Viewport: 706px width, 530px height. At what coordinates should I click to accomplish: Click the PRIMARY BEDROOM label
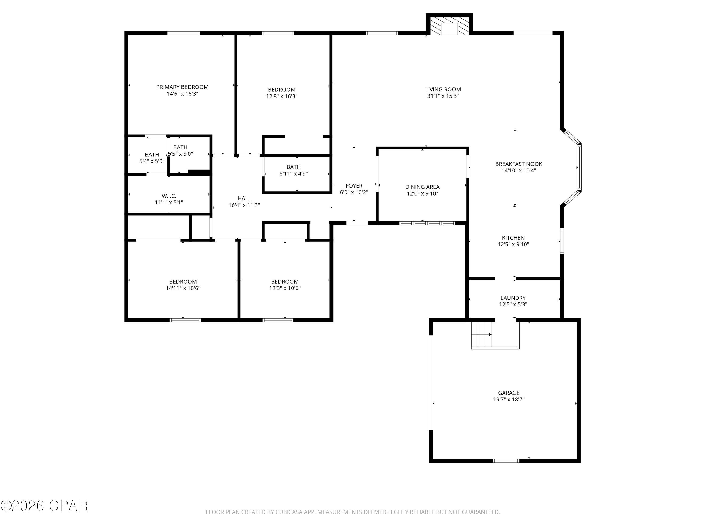pos(182,87)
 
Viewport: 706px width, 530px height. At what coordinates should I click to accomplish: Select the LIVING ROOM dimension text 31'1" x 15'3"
pos(443,96)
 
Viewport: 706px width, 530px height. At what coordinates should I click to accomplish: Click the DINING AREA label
pos(422,187)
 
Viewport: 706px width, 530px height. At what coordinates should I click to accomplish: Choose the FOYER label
pos(354,186)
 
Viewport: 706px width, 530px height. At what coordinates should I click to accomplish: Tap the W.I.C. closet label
pos(169,196)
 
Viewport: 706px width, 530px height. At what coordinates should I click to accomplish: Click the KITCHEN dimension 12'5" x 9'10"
pos(513,245)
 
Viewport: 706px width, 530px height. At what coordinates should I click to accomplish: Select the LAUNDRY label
pos(513,298)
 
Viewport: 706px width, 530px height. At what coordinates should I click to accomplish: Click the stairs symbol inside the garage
pos(482,334)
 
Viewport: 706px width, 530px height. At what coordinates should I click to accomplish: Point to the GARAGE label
pos(509,393)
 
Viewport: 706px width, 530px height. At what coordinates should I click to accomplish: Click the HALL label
pos(244,198)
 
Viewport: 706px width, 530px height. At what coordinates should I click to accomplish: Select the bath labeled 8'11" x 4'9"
pos(293,170)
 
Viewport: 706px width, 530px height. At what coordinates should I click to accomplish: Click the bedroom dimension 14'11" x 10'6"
pos(183,288)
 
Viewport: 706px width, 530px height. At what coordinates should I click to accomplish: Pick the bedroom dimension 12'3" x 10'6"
pos(285,288)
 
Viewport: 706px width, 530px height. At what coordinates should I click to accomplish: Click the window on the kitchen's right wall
pos(562,241)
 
